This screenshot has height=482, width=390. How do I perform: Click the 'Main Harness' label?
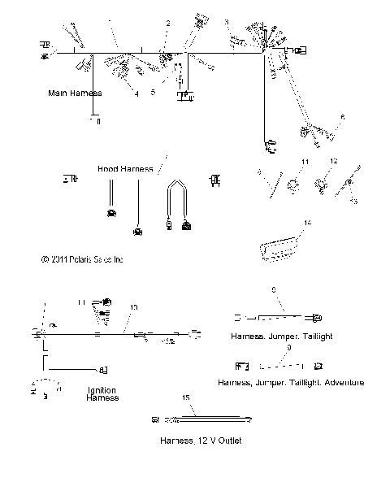tap(74, 94)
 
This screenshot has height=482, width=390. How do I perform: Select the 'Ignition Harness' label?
tap(102, 393)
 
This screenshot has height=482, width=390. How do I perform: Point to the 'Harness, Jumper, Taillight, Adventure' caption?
tap(291, 382)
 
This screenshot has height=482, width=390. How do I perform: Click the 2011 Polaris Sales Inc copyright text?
tap(82, 260)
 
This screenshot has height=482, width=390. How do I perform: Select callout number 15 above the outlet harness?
tap(186, 397)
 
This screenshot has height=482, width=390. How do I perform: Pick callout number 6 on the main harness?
tap(342, 117)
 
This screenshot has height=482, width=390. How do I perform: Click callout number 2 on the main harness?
tap(168, 24)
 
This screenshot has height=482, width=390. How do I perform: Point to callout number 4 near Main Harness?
tap(136, 94)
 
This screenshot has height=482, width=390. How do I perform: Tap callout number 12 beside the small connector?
tap(333, 162)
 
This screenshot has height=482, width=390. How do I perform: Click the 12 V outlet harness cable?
tap(211, 419)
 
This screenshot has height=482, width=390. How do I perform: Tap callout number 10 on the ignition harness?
tap(133, 307)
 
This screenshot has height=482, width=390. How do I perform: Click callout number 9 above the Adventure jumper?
tap(289, 347)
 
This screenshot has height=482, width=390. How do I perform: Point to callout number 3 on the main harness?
tap(227, 22)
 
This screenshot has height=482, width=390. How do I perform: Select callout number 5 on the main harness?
tap(152, 92)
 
